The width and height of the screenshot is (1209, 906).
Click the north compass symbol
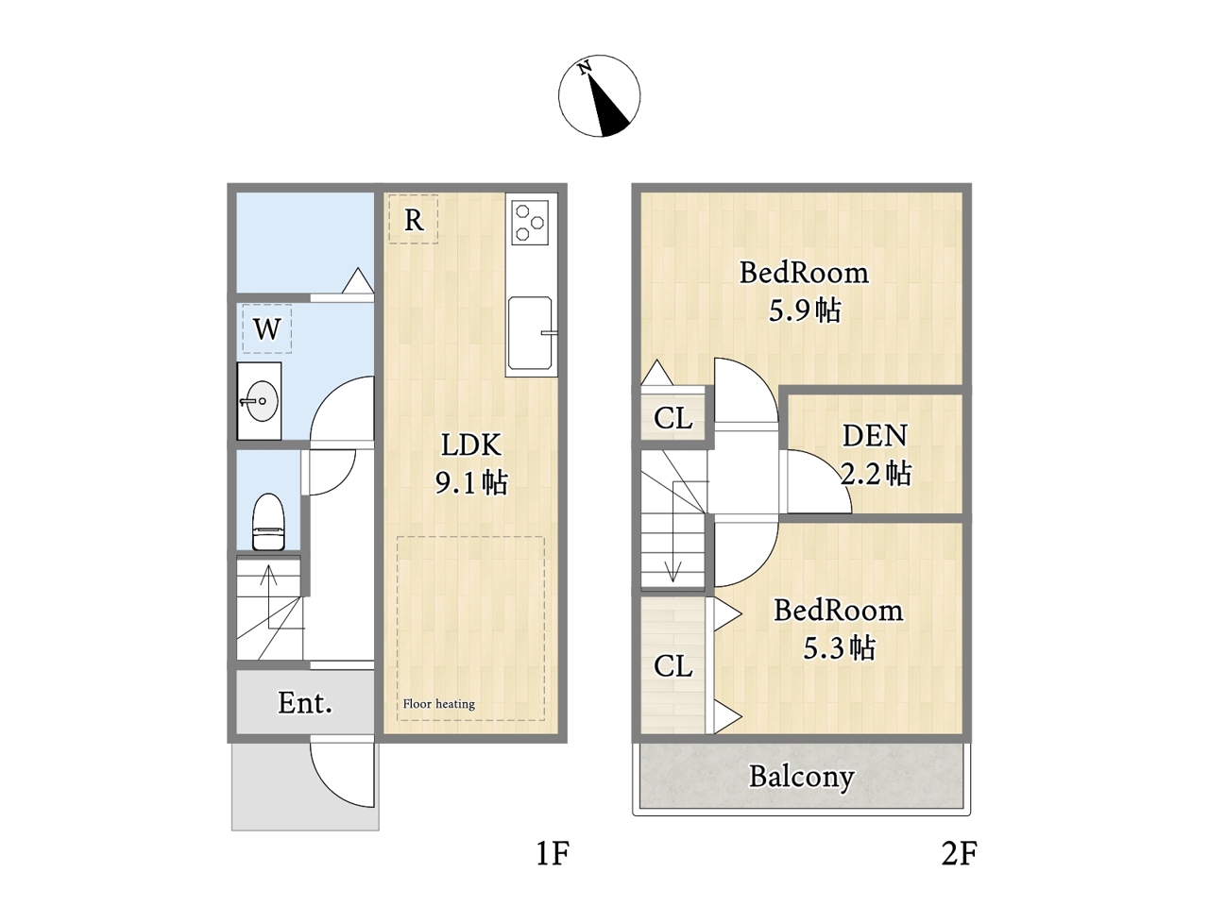pos(599,95)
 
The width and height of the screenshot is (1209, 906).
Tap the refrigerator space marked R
pos(413,219)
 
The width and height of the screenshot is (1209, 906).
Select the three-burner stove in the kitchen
pos(529,222)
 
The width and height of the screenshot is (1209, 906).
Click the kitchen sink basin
pos(529,333)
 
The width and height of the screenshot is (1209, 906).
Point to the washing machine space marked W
pos(267,329)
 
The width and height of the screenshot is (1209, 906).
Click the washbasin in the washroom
pos(260,401)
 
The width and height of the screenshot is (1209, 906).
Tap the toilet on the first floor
pos(267,522)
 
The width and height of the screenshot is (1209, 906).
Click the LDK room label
pos(471,463)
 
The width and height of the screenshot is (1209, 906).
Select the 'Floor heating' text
pos(438,704)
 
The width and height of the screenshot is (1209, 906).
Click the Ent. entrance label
pos(304,702)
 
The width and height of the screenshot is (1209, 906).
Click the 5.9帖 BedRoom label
pos(804,291)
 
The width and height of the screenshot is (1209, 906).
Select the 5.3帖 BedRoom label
pos(839,629)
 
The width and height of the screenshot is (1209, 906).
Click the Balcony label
pos(801,778)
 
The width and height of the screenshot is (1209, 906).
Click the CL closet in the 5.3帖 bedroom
pos(673,666)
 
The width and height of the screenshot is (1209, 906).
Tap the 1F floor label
pos(553,854)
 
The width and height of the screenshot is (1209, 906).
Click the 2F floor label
pos(960,854)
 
